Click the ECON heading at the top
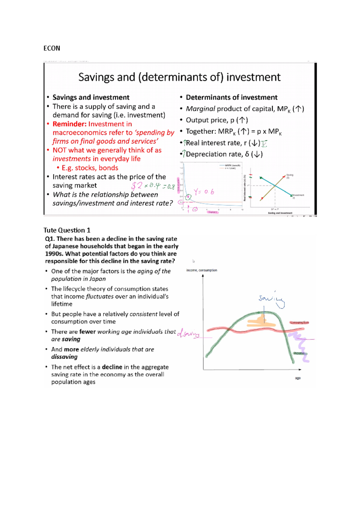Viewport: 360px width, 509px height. click(52, 48)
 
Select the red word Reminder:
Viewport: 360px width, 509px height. click(69, 124)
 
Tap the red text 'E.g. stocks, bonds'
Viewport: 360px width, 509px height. click(90, 168)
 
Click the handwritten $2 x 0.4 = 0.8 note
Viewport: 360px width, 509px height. click(153, 186)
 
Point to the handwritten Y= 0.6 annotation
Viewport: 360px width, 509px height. click(204, 192)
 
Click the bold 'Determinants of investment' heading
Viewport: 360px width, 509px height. click(231, 97)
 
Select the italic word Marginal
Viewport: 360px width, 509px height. click(200, 109)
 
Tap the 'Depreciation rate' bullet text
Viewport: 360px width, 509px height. click(214, 154)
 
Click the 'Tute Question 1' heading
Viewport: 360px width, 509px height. click(67, 230)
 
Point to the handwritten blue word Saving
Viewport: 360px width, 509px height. click(270, 299)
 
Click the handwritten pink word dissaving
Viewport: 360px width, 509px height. click(188, 333)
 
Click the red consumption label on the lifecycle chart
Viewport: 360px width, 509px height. click(299, 323)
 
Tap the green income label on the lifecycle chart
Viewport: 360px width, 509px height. click(299, 353)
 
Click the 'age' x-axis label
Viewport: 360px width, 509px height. click(298, 378)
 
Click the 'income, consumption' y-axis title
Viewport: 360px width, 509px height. click(201, 270)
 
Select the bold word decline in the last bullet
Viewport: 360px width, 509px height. click(112, 367)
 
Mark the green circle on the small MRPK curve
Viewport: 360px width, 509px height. click(188, 197)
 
